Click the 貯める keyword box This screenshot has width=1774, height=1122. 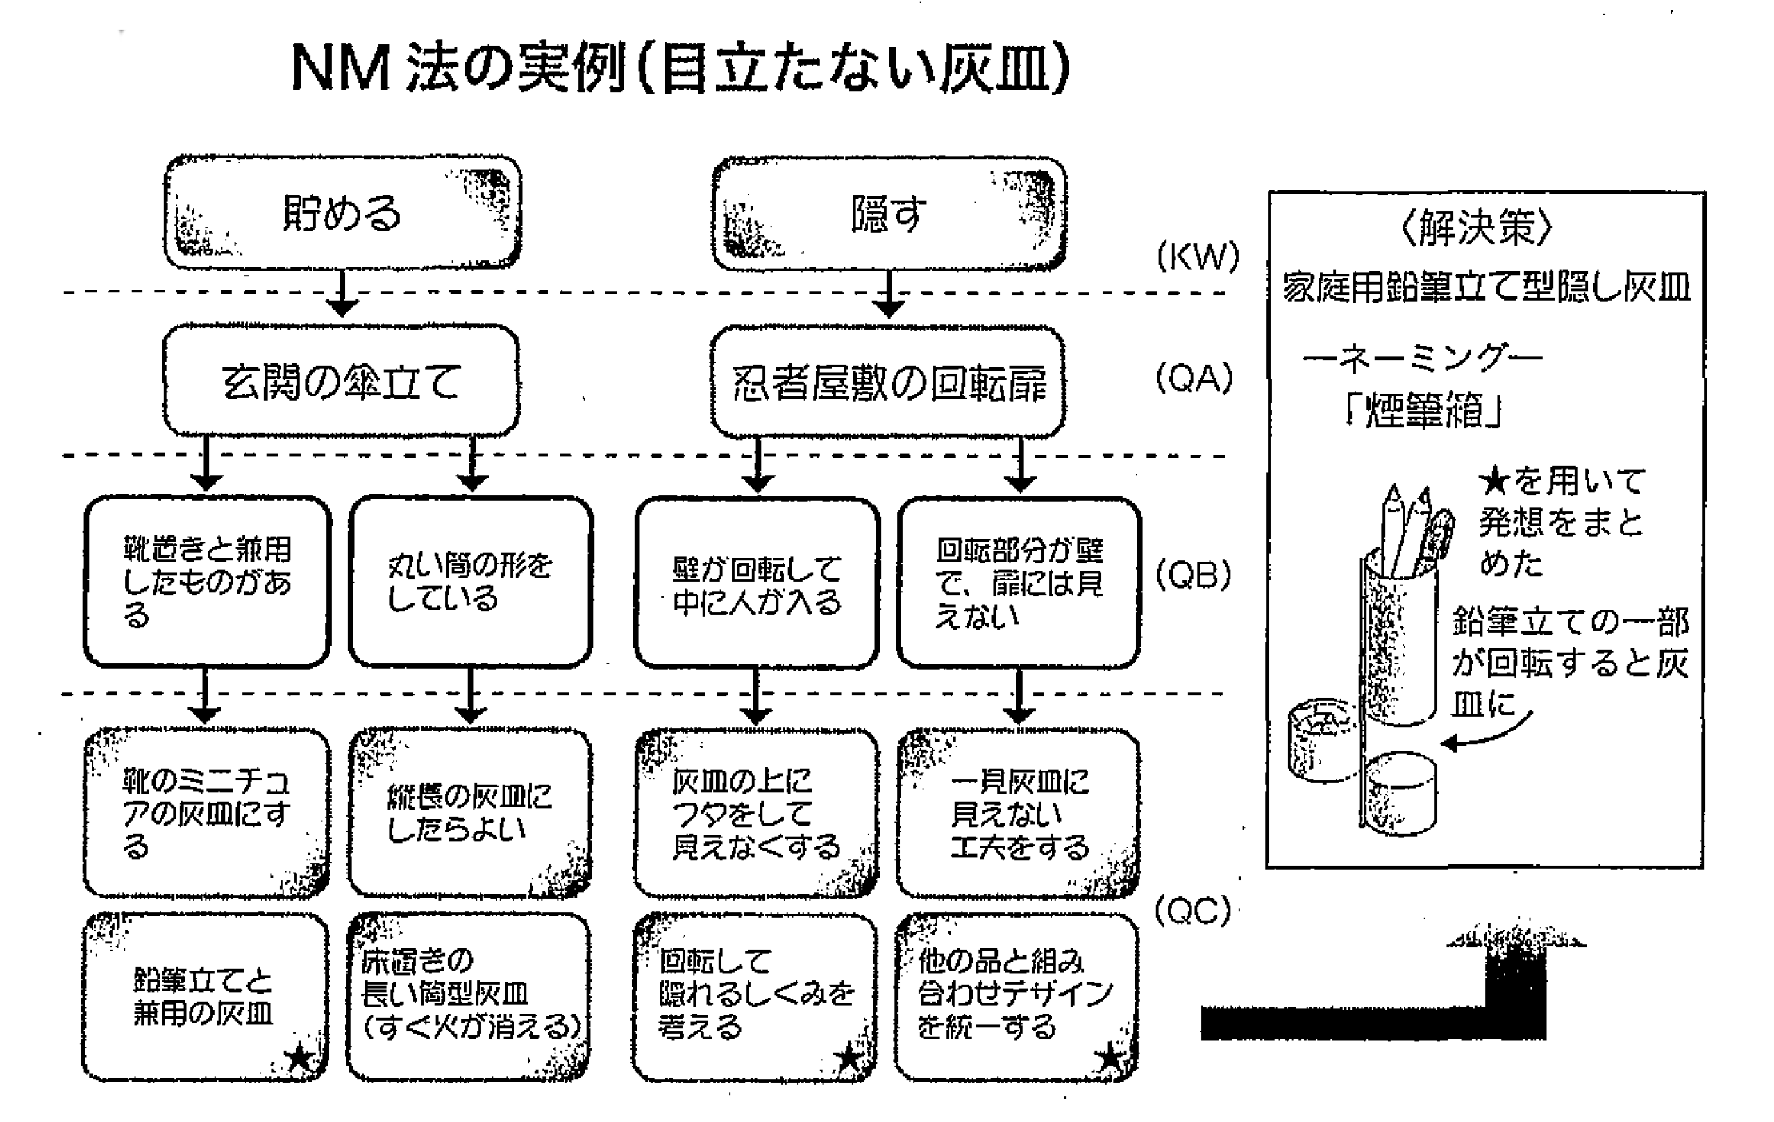tap(342, 213)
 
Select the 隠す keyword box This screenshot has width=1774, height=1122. tap(889, 214)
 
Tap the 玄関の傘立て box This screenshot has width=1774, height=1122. tap(341, 381)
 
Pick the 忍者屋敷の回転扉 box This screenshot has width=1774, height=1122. tap(888, 383)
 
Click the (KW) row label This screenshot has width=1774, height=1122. tap(1198, 256)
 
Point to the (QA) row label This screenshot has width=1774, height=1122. tap(1194, 378)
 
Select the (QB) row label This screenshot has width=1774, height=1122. tap(1194, 576)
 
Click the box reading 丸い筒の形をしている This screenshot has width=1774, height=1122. tap(470, 582)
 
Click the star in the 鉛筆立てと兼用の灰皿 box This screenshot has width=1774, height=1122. tap(299, 1059)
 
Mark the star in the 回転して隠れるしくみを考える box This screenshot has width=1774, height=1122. tap(849, 1059)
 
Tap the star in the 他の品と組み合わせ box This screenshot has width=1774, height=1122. tap(1110, 1059)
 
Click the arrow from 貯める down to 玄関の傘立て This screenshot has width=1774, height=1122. tap(342, 294)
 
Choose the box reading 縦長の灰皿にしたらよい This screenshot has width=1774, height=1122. tap(470, 813)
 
